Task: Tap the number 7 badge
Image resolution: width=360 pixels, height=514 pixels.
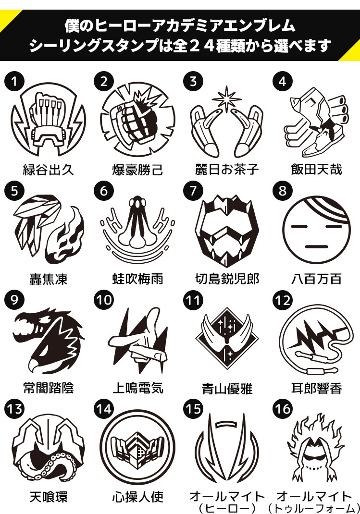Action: tap(193, 191)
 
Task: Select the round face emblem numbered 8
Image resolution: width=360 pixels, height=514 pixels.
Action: tap(316, 230)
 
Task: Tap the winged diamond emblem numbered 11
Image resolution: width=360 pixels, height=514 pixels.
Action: tap(226, 338)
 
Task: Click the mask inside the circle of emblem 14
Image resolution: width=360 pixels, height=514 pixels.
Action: tap(138, 448)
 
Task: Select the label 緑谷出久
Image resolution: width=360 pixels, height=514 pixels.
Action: tap(48, 170)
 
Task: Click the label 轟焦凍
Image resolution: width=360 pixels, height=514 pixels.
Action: tap(48, 279)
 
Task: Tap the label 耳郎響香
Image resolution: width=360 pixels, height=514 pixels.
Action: tap(316, 388)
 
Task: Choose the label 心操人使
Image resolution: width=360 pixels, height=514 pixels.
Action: tap(138, 497)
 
